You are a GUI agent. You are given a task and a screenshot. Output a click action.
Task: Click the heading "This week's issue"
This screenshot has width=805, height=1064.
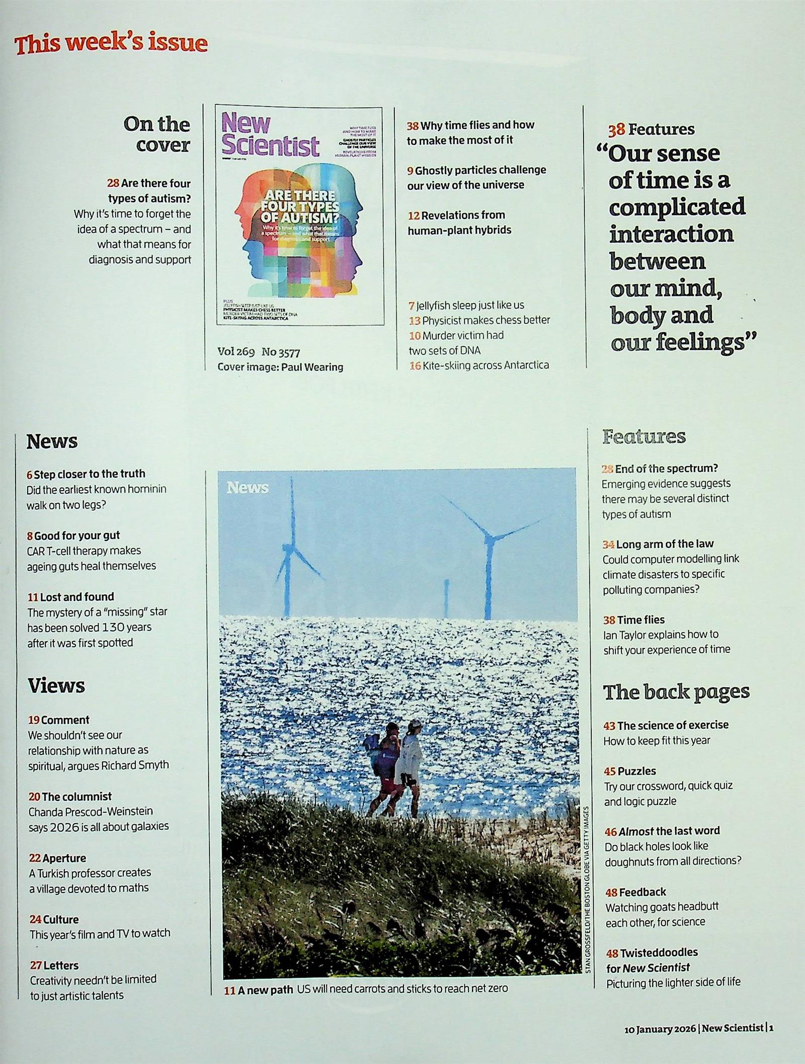click(x=111, y=44)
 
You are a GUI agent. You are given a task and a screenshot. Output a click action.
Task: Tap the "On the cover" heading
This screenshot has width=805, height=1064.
click(x=156, y=134)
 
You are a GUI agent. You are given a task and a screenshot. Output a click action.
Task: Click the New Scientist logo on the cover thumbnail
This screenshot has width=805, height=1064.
click(x=270, y=134)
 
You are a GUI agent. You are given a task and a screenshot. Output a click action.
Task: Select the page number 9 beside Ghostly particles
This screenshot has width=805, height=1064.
click(x=411, y=171)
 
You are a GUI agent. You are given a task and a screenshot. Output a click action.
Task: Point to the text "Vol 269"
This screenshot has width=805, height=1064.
click(x=236, y=352)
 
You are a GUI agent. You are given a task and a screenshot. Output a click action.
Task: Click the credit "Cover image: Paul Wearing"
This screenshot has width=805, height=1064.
click(x=280, y=367)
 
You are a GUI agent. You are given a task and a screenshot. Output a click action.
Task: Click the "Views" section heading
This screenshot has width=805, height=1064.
click(x=56, y=686)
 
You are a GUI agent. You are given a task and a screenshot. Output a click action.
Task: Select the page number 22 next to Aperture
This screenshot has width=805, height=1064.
click(x=35, y=858)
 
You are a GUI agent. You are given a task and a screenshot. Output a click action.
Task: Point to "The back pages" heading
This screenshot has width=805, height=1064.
click(x=676, y=692)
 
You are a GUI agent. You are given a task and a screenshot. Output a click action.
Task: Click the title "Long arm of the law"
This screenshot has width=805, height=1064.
click(x=665, y=544)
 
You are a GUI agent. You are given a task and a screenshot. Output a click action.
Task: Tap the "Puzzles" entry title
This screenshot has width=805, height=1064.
click(x=636, y=771)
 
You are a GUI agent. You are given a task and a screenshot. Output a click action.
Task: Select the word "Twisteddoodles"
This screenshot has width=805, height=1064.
click(x=659, y=952)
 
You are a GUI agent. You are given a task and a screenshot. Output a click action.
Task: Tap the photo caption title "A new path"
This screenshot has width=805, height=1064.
click(x=265, y=990)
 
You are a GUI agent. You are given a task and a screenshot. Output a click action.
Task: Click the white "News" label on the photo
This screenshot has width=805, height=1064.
click(x=248, y=488)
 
